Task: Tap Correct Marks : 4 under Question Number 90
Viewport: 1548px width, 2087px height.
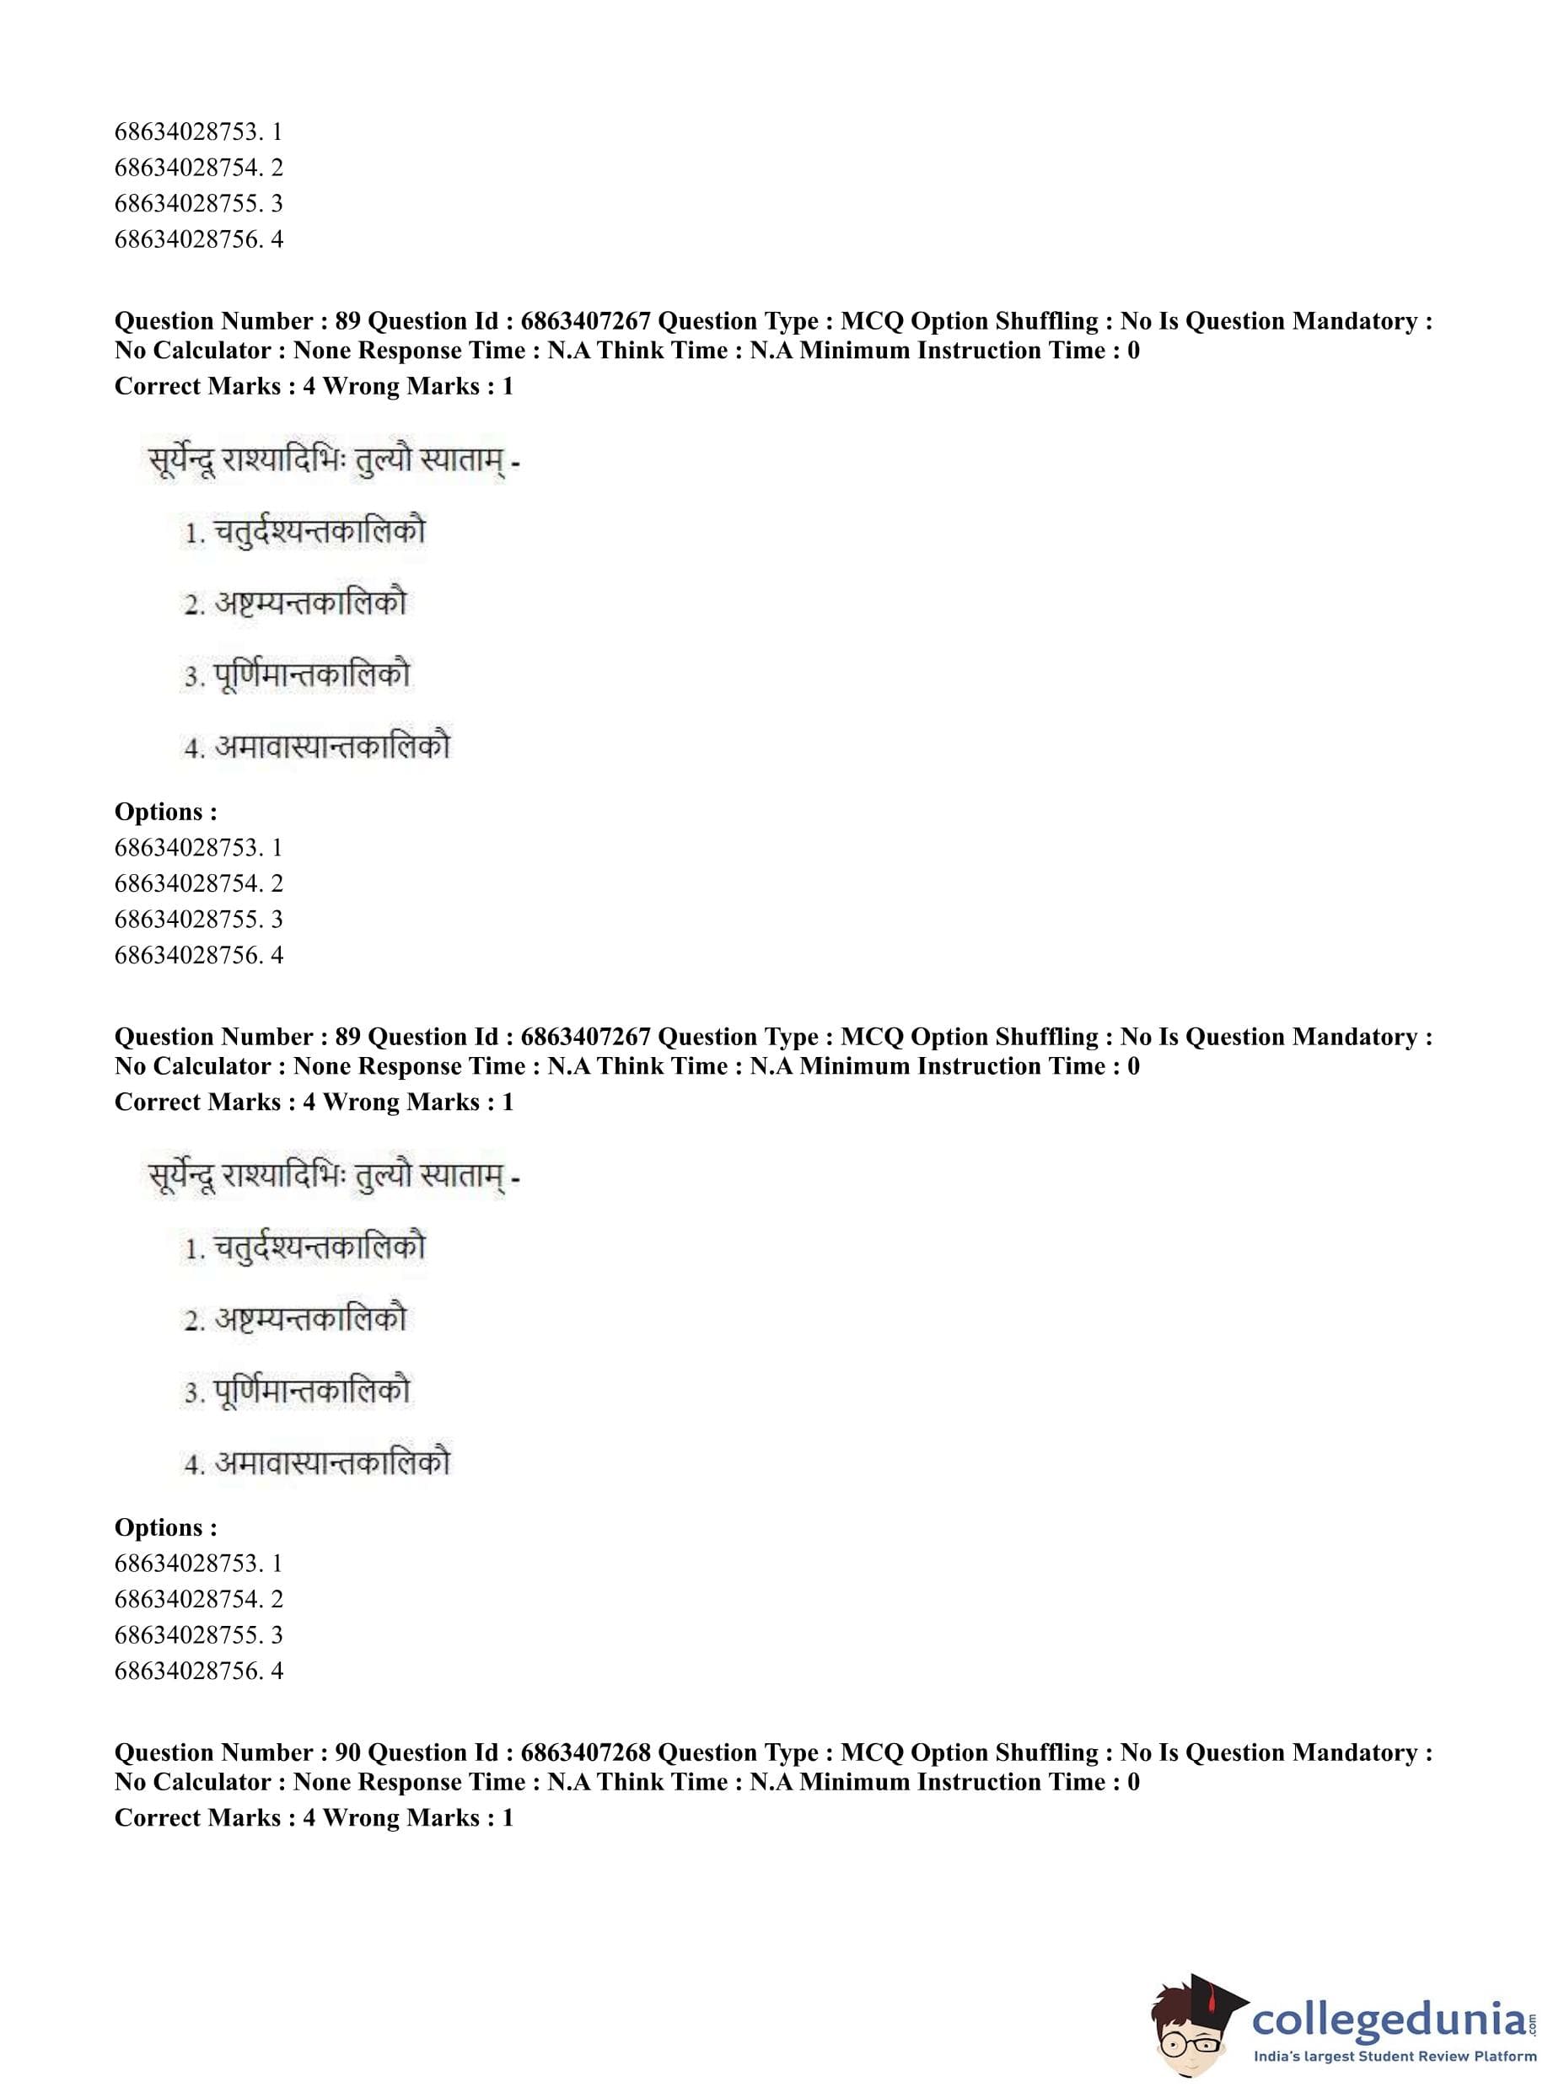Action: (215, 1817)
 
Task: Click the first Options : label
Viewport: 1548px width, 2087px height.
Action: (166, 811)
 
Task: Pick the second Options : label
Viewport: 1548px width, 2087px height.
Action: (166, 1526)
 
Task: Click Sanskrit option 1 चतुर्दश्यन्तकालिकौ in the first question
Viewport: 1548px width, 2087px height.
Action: (304, 532)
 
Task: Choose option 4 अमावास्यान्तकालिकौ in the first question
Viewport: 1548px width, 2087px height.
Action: (318, 747)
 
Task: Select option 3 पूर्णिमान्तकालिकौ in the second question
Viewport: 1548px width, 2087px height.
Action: (298, 1390)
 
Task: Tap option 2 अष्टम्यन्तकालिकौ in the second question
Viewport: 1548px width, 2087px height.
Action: (296, 1319)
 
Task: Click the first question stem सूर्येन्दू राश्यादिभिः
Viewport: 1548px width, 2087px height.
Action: (333, 461)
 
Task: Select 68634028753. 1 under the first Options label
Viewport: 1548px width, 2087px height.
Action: (199, 848)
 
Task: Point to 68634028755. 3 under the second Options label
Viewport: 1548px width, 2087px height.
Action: (199, 1634)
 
